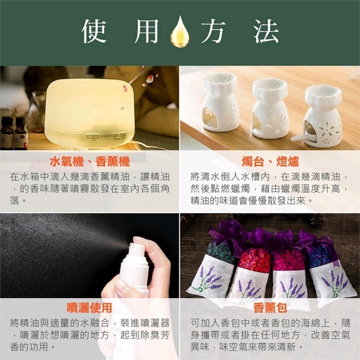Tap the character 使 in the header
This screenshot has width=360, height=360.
coord(94,31)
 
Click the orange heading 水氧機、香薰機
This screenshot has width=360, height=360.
coord(90,161)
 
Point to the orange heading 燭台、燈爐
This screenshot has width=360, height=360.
coord(270,161)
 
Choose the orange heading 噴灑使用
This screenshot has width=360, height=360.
coord(90,307)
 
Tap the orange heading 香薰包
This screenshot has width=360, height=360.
coord(270,307)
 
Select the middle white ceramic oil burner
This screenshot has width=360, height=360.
coord(270,108)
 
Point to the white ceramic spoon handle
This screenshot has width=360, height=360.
coord(298,138)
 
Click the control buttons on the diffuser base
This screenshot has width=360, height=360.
coord(106,136)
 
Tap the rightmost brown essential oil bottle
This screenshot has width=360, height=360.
coord(21,133)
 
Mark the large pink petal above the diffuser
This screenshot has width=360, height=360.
coord(150,78)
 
